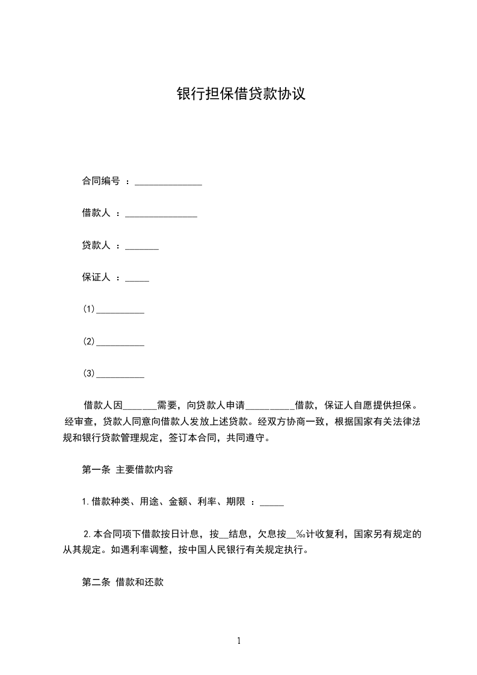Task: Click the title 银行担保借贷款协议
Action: [241, 94]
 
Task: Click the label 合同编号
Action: [101, 180]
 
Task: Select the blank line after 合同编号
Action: [168, 183]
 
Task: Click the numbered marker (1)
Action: [89, 309]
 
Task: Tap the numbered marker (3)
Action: [89, 374]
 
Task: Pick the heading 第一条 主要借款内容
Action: [128, 470]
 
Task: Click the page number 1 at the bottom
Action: [239, 641]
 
